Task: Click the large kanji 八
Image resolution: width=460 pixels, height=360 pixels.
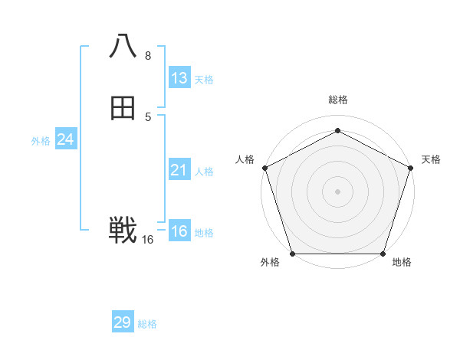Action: (123, 46)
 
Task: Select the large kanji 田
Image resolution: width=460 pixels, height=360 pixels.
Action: (123, 110)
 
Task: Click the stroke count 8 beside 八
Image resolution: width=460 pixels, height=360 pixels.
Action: (148, 56)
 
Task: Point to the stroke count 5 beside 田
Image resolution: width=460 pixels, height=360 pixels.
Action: (148, 117)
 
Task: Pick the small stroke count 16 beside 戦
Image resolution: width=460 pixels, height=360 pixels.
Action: (148, 240)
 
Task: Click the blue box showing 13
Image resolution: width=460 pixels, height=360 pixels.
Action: (179, 78)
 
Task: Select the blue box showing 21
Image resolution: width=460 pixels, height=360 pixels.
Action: (179, 170)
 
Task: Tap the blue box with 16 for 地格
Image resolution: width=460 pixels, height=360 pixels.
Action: (179, 231)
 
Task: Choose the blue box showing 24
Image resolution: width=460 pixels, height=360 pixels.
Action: (66, 139)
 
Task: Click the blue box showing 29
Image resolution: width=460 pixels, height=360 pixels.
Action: (123, 322)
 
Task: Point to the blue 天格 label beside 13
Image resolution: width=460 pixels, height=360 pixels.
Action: (204, 80)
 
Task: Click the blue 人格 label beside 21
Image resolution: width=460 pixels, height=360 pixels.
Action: (204, 172)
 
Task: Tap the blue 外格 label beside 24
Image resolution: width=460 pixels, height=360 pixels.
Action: (41, 141)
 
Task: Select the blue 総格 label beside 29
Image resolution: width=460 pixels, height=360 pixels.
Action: (147, 324)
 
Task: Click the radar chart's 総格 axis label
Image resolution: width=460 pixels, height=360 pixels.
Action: (337, 100)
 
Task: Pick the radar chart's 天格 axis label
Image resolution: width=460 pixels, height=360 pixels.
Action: (431, 159)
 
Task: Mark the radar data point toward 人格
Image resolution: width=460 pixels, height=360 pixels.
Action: (264, 168)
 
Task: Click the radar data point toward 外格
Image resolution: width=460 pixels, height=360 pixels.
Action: (292, 254)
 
